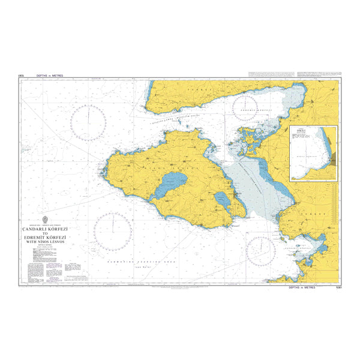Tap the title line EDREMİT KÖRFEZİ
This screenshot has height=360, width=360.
[x=45, y=238]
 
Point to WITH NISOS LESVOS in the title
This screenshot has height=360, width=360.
[x=45, y=243]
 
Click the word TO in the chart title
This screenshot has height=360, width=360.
[x=45, y=234]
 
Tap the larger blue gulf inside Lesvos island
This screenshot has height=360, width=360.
[x=169, y=186]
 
